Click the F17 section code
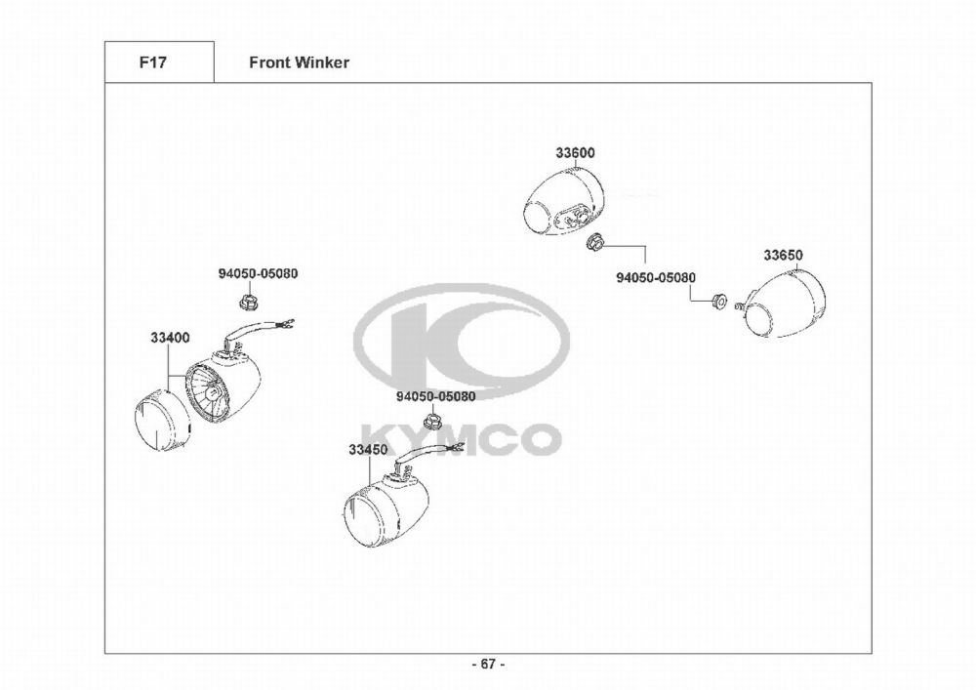coord(151,62)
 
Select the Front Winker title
coord(299,62)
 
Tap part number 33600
coord(576,153)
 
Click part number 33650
coord(783,256)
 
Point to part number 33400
coord(170,338)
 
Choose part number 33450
coord(368,450)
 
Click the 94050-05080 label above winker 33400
coord(258,273)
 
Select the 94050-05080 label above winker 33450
coord(435,397)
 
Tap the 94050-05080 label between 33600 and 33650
coord(656,277)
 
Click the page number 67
coord(488,664)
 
